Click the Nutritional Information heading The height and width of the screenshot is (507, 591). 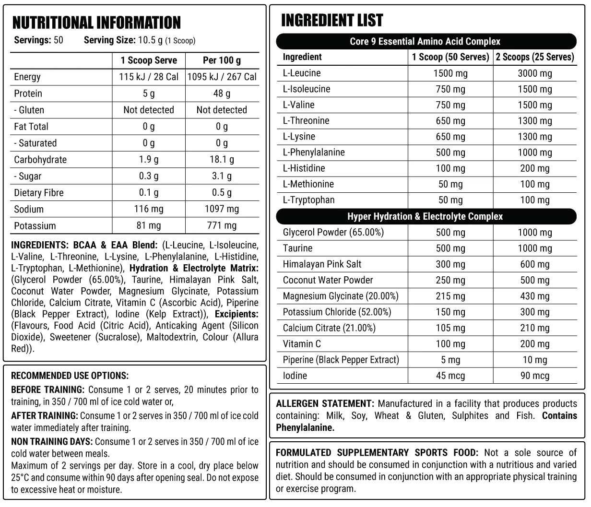click(x=96, y=23)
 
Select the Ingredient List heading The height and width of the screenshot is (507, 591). click(x=332, y=20)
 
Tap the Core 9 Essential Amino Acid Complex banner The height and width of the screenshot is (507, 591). click(x=425, y=41)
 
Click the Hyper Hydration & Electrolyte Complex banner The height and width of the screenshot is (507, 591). click(x=425, y=216)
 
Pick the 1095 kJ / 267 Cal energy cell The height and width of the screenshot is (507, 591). click(x=222, y=77)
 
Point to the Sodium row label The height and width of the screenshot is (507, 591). click(x=29, y=209)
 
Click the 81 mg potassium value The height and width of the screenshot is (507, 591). click(x=149, y=225)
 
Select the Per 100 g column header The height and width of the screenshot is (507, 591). click(x=222, y=60)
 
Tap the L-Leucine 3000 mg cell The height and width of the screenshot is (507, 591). click(x=535, y=73)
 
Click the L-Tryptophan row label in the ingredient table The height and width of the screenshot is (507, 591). click(x=308, y=200)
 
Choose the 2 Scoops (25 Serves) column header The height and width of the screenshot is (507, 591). click(x=535, y=57)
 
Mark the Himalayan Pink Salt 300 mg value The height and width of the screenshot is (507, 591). click(x=450, y=264)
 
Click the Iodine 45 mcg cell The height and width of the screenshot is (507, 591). click(x=450, y=376)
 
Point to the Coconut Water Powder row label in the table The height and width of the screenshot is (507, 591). click(x=328, y=280)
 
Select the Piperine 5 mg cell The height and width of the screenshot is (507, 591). click(x=450, y=360)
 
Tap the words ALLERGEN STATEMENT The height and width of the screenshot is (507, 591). click(x=324, y=403)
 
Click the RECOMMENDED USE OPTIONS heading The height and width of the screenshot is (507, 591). click(x=70, y=376)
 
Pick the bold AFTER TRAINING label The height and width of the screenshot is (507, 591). click(x=44, y=415)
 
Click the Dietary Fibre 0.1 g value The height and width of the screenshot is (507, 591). click(x=149, y=192)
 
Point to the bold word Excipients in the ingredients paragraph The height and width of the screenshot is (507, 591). click(x=236, y=314)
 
